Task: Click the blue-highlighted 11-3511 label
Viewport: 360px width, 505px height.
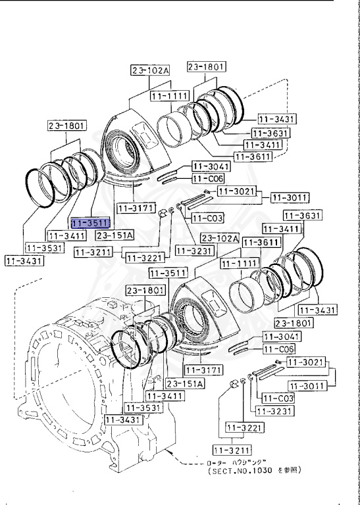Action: [x=91, y=224]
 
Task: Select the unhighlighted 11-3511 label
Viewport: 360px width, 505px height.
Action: [x=167, y=272]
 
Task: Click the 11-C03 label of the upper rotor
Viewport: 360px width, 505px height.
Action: [x=208, y=218]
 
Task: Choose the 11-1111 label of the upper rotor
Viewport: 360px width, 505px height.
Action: [x=169, y=97]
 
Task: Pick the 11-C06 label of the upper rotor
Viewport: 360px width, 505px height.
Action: [x=208, y=178]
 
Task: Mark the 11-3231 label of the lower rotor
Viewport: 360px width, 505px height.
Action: [x=271, y=412]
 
